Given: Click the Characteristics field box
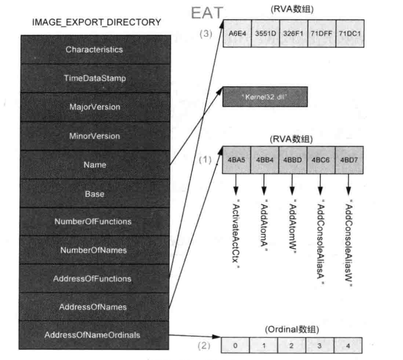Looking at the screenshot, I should (94, 50).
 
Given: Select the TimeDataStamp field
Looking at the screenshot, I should (94, 78).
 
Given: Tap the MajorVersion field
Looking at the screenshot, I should (94, 107).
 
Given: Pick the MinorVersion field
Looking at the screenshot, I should (94, 135).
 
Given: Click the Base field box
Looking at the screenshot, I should (94, 194).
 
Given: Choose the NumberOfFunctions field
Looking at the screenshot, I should (94, 221).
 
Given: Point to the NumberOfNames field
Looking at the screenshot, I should (94, 250).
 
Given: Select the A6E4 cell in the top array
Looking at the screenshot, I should (236, 32).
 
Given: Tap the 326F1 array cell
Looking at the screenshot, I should (293, 32).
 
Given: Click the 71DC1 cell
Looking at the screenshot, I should (350, 32).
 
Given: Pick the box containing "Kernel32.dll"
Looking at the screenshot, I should (264, 97).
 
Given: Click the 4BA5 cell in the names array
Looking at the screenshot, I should (236, 160).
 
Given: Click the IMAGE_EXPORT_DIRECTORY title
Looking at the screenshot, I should (97, 22).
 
